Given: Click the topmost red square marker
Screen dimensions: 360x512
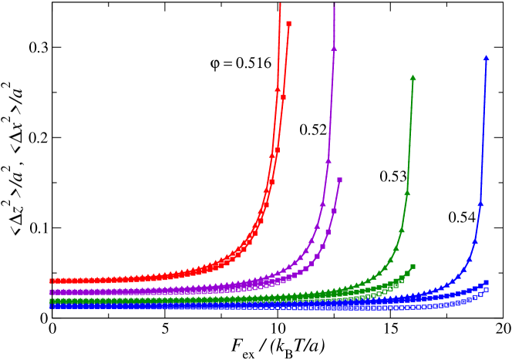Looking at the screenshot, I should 288,24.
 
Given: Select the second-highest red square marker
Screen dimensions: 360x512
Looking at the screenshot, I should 283,97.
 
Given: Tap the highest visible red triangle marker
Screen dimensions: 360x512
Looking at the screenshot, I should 278,89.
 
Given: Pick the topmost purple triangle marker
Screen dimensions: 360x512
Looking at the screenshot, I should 334,49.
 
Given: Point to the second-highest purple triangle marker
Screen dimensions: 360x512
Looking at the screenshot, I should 328,161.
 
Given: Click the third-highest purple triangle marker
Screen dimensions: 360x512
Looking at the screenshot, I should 322,204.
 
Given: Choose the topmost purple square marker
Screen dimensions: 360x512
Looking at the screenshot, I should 339,180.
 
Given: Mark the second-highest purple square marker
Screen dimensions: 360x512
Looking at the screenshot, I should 334,210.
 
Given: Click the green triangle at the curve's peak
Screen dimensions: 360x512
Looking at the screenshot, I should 413,78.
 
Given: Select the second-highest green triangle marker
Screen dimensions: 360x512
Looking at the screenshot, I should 407,193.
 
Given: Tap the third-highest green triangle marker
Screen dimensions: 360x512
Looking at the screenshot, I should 401,230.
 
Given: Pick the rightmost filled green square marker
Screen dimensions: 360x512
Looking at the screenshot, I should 413,267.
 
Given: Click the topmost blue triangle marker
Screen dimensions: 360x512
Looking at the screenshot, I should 486,58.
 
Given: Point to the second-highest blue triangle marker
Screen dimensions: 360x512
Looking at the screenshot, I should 480,204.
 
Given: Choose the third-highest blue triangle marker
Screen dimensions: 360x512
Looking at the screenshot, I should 474,241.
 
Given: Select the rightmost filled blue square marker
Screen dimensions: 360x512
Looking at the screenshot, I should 486,283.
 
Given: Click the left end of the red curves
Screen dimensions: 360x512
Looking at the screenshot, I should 52,281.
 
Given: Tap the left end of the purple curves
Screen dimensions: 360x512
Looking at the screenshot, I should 52,292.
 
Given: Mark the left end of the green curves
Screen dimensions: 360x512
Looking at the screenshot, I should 52,301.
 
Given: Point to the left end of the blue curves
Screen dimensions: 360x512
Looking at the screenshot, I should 52,306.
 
